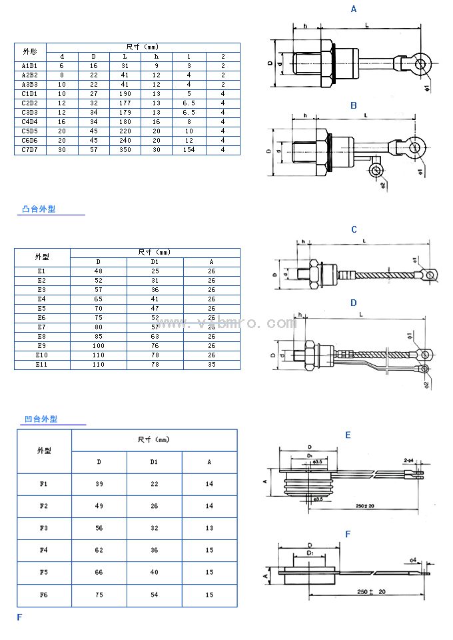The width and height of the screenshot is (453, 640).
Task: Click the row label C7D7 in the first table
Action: click(29, 150)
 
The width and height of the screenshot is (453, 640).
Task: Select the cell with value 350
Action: click(125, 150)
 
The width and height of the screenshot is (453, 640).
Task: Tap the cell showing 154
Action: click(189, 150)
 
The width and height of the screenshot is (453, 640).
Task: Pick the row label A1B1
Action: click(29, 66)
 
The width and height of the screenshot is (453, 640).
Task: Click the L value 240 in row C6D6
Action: click(125, 141)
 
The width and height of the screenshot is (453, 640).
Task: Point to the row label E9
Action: click(42, 346)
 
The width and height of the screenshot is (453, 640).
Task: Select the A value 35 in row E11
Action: click(211, 365)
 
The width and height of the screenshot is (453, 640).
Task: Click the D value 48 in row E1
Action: click(99, 271)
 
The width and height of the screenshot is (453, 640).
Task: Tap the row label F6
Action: click(44, 595)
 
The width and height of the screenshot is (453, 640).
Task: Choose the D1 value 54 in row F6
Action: click(154, 595)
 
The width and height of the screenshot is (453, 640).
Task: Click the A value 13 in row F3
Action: click(209, 528)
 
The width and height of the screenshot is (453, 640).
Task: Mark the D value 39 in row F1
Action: click(99, 484)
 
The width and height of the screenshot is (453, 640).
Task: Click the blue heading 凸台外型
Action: click(39, 209)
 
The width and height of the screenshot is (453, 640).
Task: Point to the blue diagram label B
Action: click(354, 106)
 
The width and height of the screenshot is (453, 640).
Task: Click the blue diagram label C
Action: click(354, 230)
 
